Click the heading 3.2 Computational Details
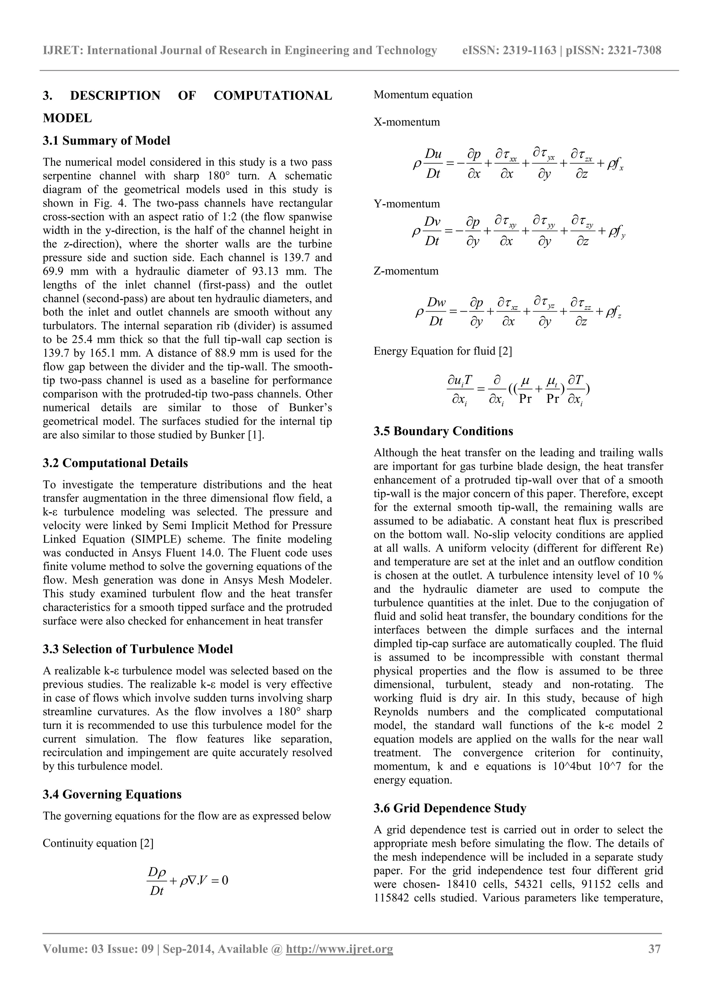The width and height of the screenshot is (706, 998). [x=115, y=464]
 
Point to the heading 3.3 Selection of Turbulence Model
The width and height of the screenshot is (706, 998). [x=138, y=649]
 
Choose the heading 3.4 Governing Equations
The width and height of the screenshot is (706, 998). [x=112, y=795]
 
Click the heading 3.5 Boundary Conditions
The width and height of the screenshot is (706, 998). [x=443, y=431]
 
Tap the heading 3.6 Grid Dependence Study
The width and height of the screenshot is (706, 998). [x=450, y=808]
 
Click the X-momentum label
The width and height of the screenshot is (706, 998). [x=407, y=122]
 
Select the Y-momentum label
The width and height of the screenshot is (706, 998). [x=407, y=204]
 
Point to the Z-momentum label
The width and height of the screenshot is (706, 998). [x=406, y=271]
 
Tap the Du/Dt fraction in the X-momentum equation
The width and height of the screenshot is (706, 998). [x=433, y=164]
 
